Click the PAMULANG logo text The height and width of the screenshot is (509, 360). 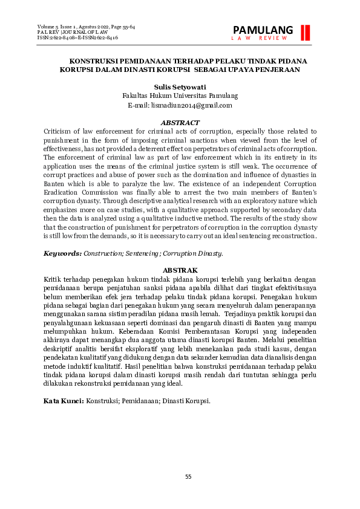(x=263, y=30)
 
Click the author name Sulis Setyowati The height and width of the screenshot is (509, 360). (x=180, y=86)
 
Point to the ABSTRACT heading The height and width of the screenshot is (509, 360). (x=180, y=123)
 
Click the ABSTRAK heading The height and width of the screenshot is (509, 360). (x=180, y=270)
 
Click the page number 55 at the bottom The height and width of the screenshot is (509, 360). (x=188, y=477)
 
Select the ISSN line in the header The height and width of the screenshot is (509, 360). (x=77, y=37)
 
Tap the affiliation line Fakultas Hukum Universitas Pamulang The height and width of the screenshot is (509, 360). (x=180, y=96)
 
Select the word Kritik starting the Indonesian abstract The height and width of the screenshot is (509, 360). (x=53, y=279)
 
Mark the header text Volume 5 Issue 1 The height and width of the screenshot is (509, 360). (x=59, y=27)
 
